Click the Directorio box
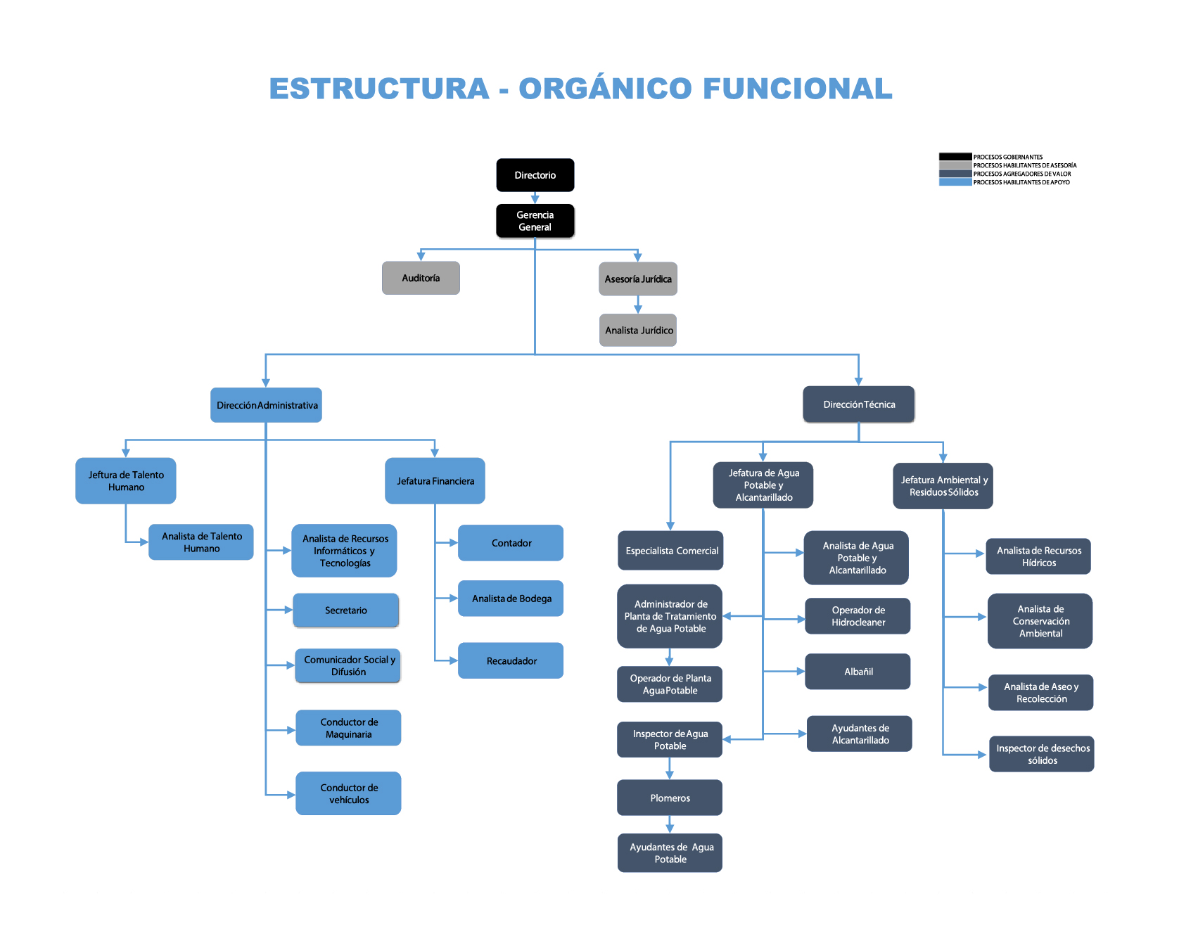click(x=535, y=175)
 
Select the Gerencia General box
click(x=535, y=221)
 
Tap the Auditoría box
click(x=421, y=278)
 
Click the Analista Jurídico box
click(x=638, y=330)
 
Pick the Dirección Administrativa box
click(x=266, y=405)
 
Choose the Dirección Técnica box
click(x=858, y=404)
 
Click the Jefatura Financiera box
click(x=435, y=481)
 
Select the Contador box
click(x=511, y=543)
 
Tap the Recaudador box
click(x=511, y=660)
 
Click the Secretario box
click(x=345, y=610)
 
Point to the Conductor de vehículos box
click(x=348, y=793)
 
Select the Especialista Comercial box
click(x=670, y=551)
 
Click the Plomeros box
click(x=670, y=798)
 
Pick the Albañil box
click(x=858, y=672)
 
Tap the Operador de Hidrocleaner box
click(x=858, y=616)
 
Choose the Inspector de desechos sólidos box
click(x=1042, y=754)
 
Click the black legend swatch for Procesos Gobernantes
click(x=955, y=157)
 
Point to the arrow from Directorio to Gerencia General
click(x=535, y=198)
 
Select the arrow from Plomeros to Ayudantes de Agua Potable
click(x=670, y=824)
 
